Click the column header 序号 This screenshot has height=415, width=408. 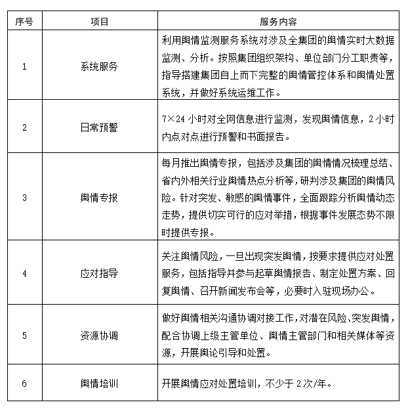24,22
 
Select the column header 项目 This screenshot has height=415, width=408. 99,22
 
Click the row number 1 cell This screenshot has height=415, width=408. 24,66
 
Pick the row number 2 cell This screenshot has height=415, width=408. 24,127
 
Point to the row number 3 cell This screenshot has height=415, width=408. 24,196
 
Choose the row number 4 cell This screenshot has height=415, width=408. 24,273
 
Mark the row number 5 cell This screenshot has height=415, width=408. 24,336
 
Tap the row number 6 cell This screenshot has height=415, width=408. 24,383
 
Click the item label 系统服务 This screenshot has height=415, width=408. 99,66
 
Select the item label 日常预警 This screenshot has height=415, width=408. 99,127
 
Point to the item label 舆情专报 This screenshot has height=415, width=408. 99,196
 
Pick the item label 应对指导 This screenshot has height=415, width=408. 99,273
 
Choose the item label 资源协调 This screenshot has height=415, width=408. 99,336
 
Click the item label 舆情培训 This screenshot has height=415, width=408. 99,383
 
